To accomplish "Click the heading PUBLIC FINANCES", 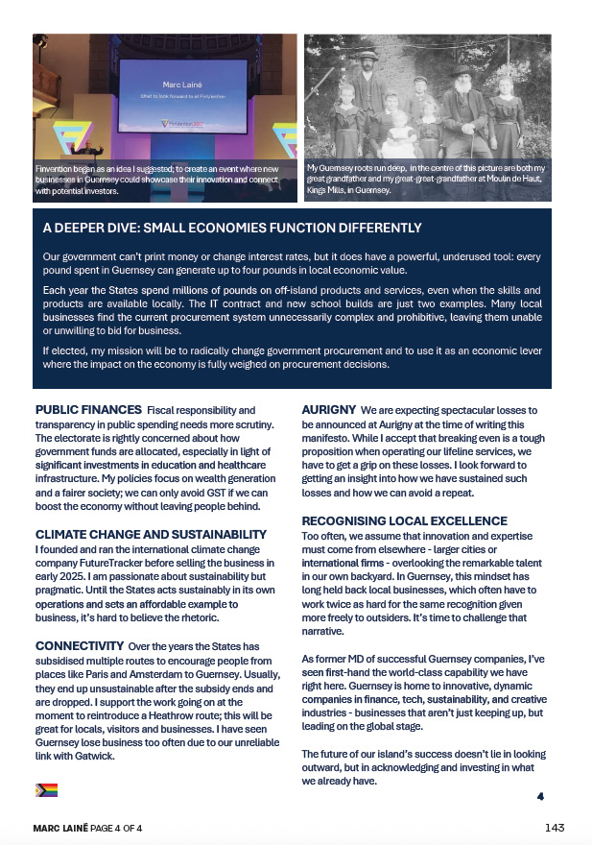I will pyautogui.click(x=88, y=410).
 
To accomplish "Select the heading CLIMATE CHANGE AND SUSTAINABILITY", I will pyautogui.click(x=151, y=534).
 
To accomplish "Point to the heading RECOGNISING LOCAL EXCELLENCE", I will pyautogui.click(x=406, y=520).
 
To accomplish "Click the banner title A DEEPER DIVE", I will pyautogui.click(x=232, y=229).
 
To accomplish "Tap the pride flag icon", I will pyautogui.click(x=46, y=790).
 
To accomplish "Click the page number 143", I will pyautogui.click(x=554, y=828).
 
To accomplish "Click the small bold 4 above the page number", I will pyautogui.click(x=540, y=796).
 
